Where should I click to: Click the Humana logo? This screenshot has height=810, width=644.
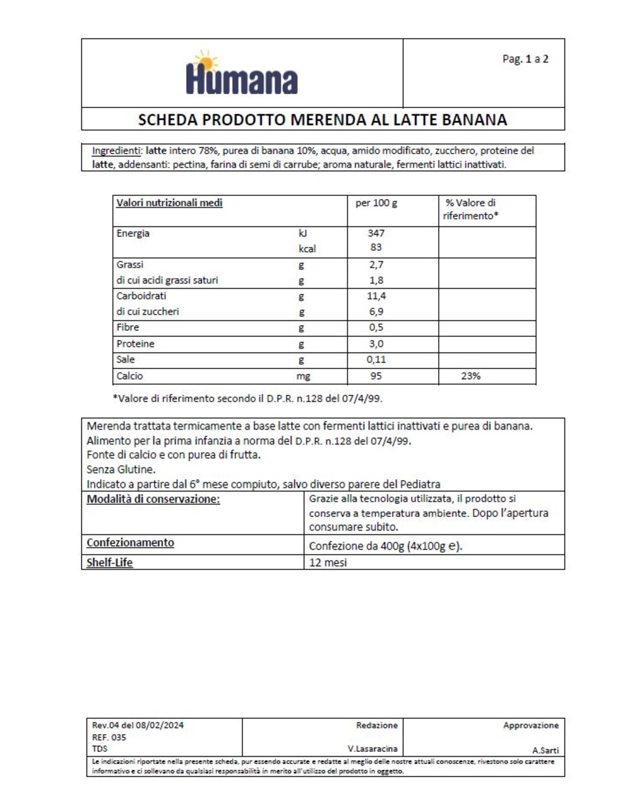[242, 74]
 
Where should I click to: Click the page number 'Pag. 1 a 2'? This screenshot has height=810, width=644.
[525, 59]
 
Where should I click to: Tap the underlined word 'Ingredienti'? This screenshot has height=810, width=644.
[117, 151]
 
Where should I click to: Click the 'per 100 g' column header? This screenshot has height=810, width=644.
[376, 203]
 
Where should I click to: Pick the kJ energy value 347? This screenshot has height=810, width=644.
[376, 233]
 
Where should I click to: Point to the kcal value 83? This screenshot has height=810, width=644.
[376, 248]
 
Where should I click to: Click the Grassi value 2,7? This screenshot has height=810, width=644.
[376, 265]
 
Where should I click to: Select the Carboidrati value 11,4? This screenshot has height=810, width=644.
[376, 296]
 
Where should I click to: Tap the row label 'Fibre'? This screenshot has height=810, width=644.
[128, 327]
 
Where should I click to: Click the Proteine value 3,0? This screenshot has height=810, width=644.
[376, 344]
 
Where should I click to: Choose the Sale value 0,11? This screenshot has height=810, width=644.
[376, 360]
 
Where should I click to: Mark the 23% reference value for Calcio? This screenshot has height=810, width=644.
[470, 376]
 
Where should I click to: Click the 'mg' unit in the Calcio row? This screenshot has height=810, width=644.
[303, 377]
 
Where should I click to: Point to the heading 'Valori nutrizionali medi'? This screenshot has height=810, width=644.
[169, 203]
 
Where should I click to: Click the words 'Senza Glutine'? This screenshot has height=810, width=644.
[121, 469]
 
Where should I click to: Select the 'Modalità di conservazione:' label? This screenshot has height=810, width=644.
[153, 499]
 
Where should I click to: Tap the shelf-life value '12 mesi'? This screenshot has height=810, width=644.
[328, 562]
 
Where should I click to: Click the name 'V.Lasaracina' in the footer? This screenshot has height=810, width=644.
[373, 749]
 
